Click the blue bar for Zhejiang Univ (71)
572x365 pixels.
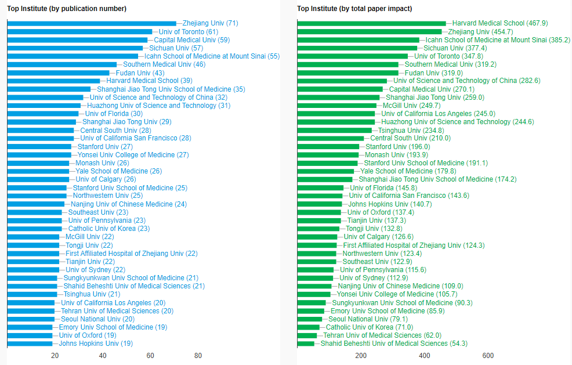click(92, 23)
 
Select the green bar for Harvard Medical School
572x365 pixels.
click(371, 23)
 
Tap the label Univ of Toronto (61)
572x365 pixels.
click(188, 31)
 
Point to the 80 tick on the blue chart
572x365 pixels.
click(198, 356)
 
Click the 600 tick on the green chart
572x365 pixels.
click(488, 356)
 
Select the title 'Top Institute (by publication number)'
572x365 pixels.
click(67, 9)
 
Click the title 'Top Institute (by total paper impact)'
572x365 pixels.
click(354, 9)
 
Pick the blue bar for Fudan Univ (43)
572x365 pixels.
click(58, 73)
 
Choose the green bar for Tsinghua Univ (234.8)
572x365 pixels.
click(334, 130)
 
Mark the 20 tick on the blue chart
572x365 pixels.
click(55, 356)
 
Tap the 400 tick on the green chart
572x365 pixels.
click(425, 356)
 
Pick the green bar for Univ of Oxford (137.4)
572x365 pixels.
click(319, 212)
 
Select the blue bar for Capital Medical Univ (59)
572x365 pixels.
click(77, 39)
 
